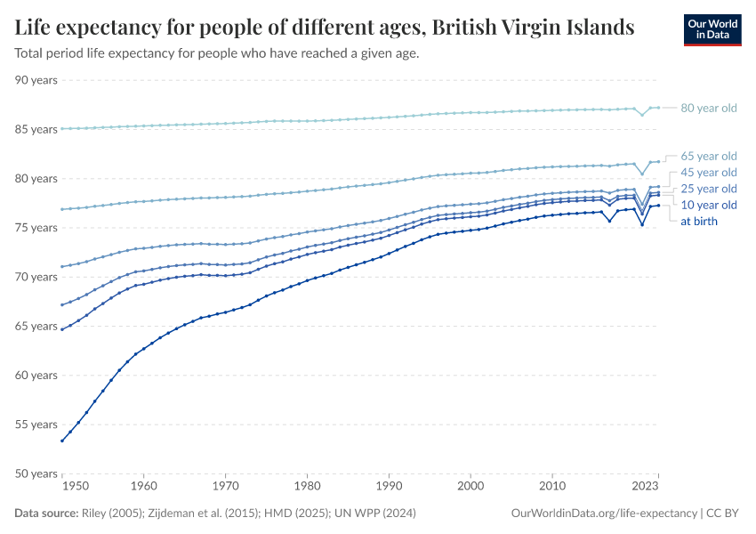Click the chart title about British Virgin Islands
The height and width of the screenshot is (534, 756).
click(x=325, y=27)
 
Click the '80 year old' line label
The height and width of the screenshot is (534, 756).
click(x=709, y=109)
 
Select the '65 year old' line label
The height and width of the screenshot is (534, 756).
click(x=709, y=156)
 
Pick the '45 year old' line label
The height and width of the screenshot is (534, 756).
click(x=709, y=172)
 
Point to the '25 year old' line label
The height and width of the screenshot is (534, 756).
click(x=709, y=189)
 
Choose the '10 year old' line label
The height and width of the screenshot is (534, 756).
click(x=709, y=205)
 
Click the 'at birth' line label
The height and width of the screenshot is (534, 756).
click(x=699, y=221)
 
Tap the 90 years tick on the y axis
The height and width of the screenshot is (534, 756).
click(x=36, y=80)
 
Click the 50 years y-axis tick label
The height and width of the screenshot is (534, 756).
click(x=36, y=473)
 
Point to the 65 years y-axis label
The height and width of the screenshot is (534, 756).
click(x=36, y=326)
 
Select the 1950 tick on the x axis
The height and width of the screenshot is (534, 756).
click(x=76, y=487)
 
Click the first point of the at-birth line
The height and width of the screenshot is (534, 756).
click(x=61, y=441)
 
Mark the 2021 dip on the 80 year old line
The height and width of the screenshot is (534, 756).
click(x=642, y=115)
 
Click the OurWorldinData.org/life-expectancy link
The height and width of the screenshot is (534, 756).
click(x=605, y=514)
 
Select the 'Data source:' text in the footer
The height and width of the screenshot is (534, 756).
click(x=46, y=514)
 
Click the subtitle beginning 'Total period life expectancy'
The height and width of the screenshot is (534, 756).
click(x=217, y=53)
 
